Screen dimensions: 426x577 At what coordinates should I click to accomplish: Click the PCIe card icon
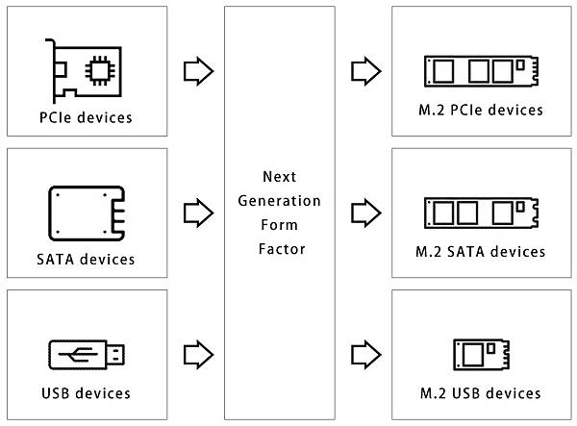pos(87,68)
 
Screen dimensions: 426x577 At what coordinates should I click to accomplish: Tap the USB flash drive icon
pos(87,354)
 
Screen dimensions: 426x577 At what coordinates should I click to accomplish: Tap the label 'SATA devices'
pos(87,259)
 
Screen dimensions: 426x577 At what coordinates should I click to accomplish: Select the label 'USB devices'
pos(87,393)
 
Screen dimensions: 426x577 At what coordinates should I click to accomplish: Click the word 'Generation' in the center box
pos(278,201)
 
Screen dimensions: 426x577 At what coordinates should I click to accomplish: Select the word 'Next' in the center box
pos(278,177)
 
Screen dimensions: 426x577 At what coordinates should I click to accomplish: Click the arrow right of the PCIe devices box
pos(197,70)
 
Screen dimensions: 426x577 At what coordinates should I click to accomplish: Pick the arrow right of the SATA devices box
pos(197,211)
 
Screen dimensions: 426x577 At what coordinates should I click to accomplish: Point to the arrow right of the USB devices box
pos(197,354)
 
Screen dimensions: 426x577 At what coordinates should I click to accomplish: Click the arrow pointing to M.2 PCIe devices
pos(365,70)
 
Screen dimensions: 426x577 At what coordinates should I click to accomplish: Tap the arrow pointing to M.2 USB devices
pos(365,354)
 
